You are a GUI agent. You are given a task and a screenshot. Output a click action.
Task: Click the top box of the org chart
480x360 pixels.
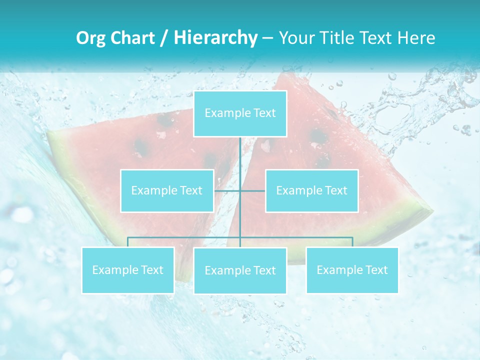(x=240, y=113)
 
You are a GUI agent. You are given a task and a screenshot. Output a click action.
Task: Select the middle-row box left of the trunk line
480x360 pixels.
(x=167, y=190)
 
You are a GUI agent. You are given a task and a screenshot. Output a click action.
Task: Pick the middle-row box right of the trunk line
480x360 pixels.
(x=311, y=190)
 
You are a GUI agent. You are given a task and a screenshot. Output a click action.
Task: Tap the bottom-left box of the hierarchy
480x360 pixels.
(x=128, y=270)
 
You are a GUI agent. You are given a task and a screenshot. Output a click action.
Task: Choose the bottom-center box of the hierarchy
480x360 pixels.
(x=240, y=270)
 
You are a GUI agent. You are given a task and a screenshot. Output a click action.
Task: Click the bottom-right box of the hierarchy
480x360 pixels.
(x=352, y=270)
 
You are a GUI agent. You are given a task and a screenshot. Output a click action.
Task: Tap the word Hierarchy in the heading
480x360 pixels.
(x=215, y=38)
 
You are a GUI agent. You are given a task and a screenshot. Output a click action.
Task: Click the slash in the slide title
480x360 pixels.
(x=163, y=38)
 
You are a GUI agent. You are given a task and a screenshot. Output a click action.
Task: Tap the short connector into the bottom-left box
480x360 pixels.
(x=128, y=242)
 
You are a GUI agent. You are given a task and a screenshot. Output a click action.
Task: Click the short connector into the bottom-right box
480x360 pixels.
(x=352, y=242)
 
